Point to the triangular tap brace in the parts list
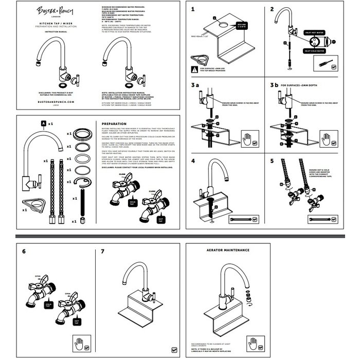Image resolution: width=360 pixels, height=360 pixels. [34, 203]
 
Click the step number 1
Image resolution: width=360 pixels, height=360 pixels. [193, 9]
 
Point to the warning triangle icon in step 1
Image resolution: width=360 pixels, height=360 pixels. [194, 68]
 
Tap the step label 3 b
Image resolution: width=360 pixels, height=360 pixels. [275, 85]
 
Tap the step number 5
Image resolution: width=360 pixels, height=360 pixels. [273, 161]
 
